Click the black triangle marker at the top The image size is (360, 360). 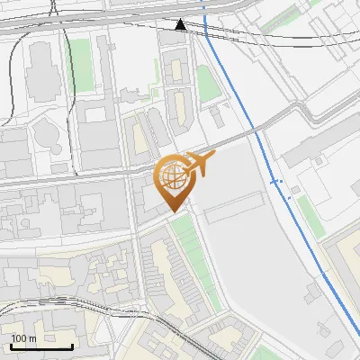181,24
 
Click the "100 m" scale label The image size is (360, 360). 23,338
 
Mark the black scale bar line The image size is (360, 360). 41,346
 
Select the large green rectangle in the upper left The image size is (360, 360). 82,63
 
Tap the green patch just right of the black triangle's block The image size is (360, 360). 208,84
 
